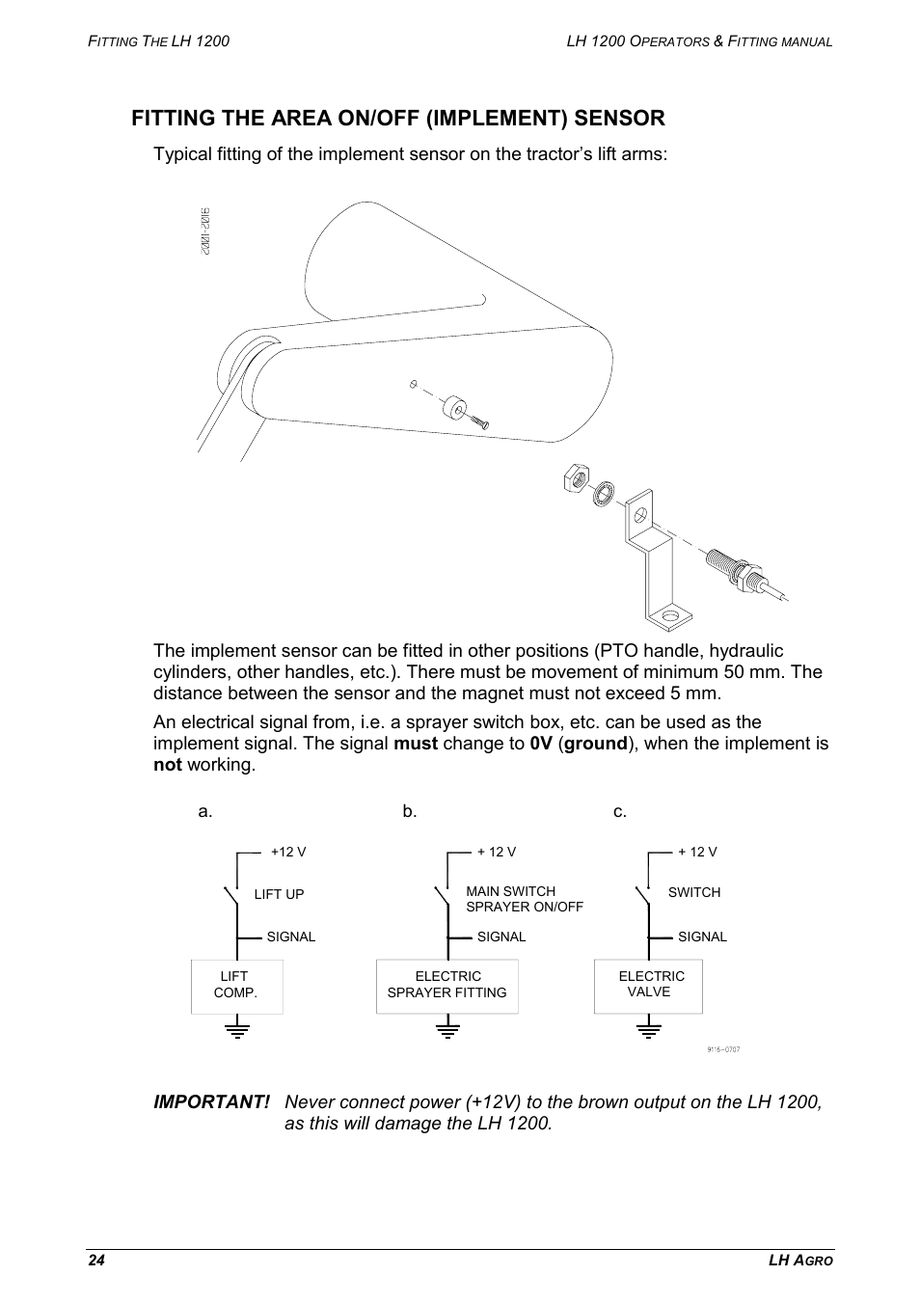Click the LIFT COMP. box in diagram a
pyautogui.click(x=236, y=986)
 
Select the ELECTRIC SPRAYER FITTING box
pyautogui.click(x=446, y=986)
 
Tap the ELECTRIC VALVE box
pyautogui.click(x=648, y=986)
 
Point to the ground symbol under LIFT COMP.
pyautogui.click(x=236, y=1030)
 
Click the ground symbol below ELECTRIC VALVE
pyautogui.click(x=649, y=1030)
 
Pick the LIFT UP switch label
pyautogui.click(x=279, y=894)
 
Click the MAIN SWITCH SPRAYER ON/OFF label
pyautogui.click(x=524, y=899)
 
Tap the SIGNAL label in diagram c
pyautogui.click(x=702, y=937)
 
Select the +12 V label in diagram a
pyautogui.click(x=287, y=852)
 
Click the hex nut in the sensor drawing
pyautogui.click(x=576, y=476)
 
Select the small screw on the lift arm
pyautogui.click(x=479, y=420)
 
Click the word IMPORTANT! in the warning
pyautogui.click(x=212, y=1102)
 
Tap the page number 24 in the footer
pyautogui.click(x=95, y=1262)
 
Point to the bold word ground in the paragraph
pyautogui.click(x=596, y=744)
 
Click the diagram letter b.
pyautogui.click(x=410, y=811)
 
